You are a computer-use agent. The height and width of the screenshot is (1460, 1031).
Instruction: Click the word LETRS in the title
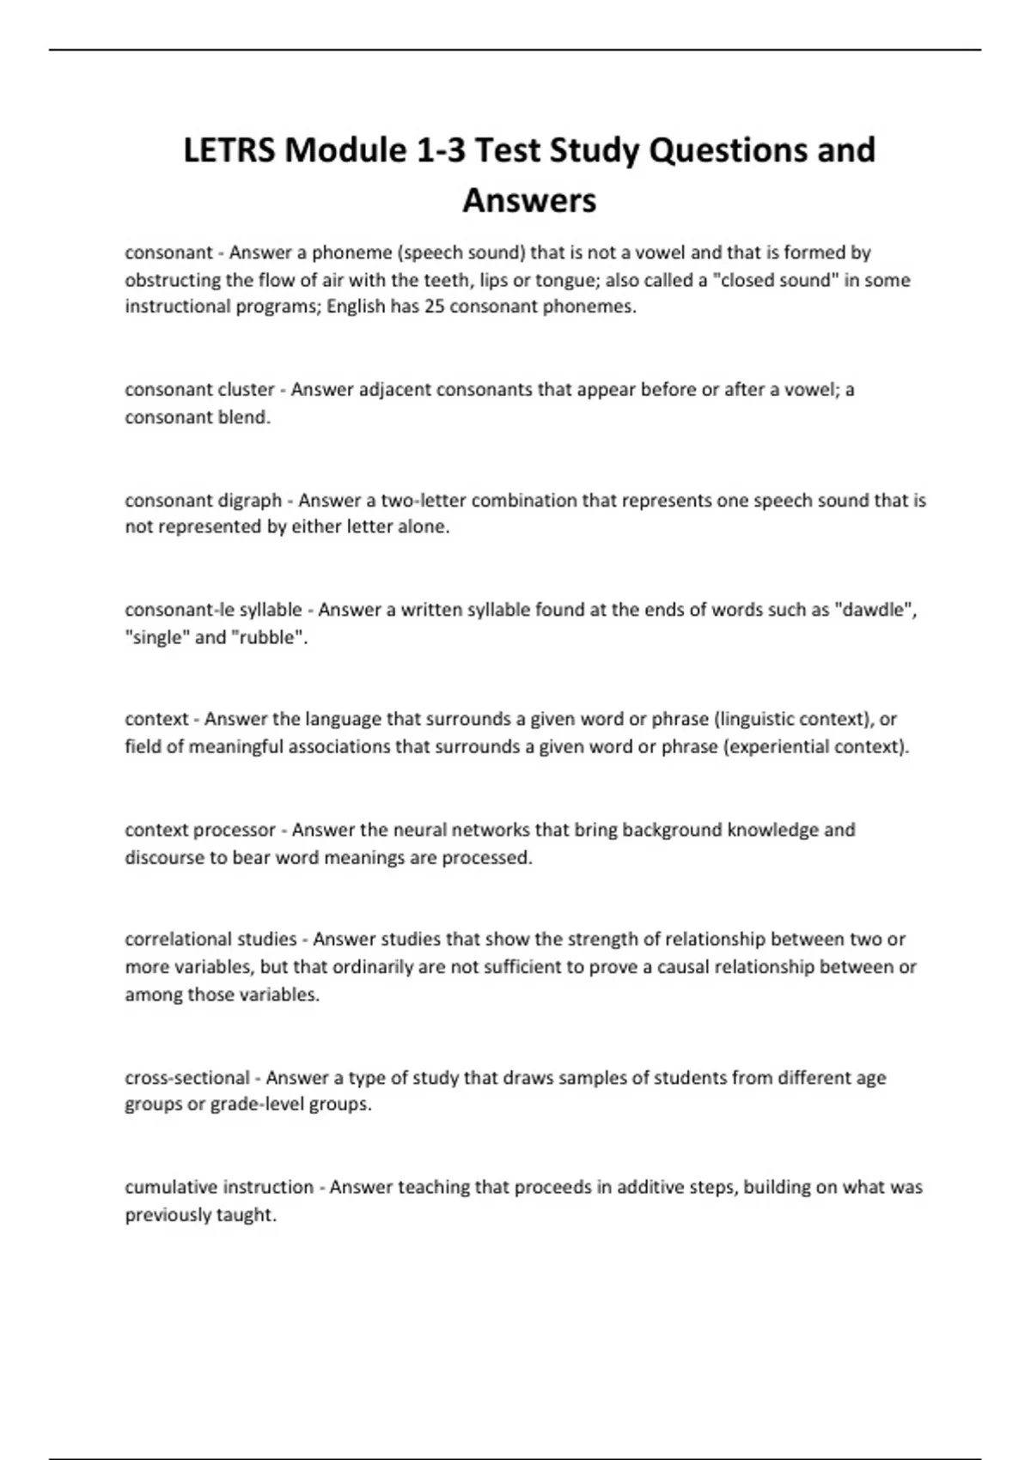click(229, 150)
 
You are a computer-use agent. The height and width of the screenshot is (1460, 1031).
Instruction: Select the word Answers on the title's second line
click(529, 201)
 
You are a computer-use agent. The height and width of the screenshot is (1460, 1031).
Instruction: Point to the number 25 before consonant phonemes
click(434, 307)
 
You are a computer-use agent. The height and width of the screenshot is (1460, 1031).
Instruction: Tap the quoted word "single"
click(157, 637)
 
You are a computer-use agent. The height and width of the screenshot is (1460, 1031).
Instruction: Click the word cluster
click(247, 390)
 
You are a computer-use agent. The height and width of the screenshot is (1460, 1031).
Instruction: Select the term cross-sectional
click(186, 1078)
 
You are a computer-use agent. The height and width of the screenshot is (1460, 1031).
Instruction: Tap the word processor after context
click(235, 830)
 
